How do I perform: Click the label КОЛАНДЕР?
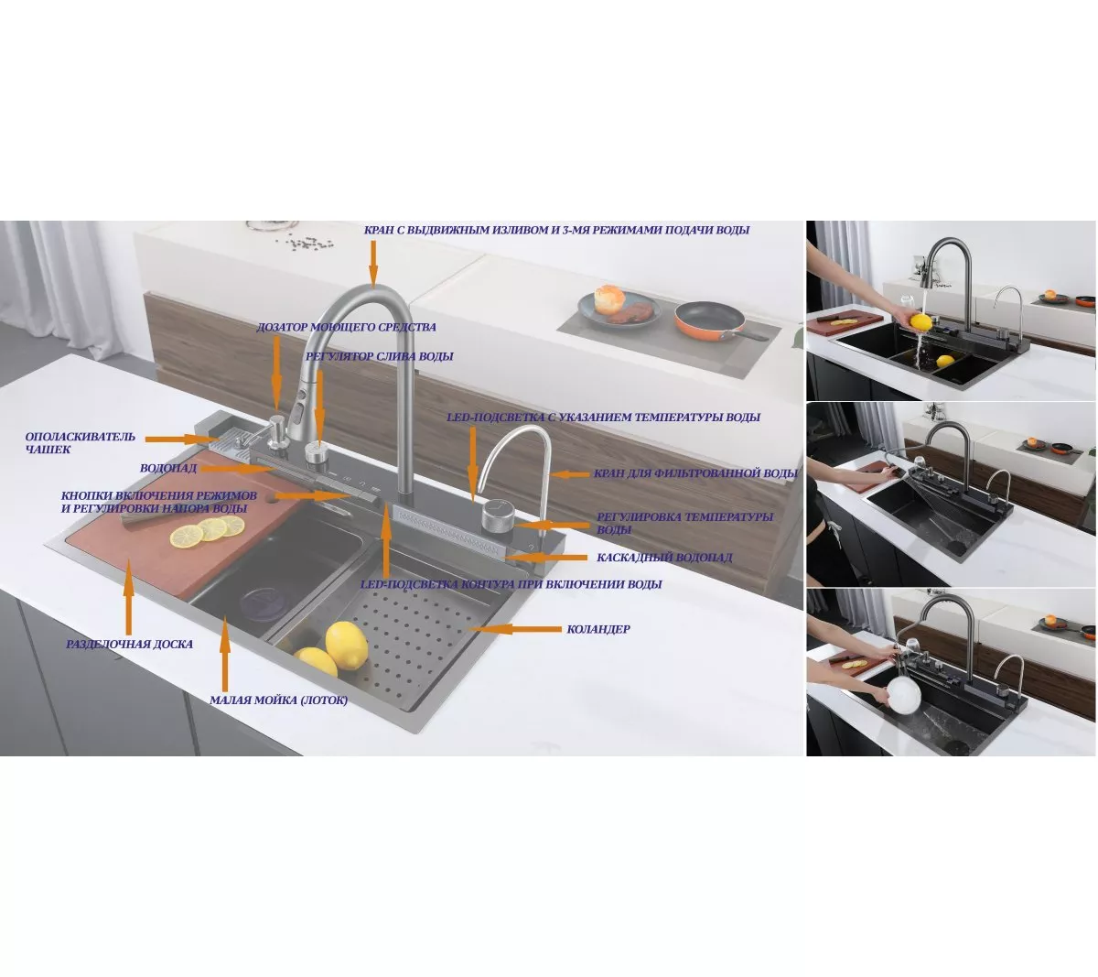tap(597, 629)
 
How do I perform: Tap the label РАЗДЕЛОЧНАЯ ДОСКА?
tap(129, 645)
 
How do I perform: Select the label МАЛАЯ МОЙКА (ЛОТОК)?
tap(278, 700)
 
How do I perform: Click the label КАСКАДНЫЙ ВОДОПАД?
tap(664, 557)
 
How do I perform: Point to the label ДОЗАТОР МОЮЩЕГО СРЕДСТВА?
tap(346, 327)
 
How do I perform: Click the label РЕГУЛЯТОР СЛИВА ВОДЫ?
tap(380, 356)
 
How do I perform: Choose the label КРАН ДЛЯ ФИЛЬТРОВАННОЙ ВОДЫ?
tap(695, 473)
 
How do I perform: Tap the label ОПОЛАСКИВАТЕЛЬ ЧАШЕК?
tap(80, 442)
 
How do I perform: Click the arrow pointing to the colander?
tap(515, 629)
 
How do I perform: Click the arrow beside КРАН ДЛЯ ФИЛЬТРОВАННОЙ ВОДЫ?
tap(569, 474)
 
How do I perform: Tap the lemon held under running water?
tap(920, 321)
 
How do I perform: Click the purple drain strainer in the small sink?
tap(263, 602)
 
